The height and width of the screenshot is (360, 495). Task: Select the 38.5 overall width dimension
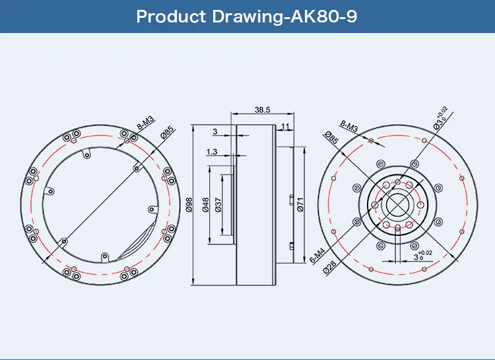tap(263, 110)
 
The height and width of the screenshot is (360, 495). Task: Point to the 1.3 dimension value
tap(212, 152)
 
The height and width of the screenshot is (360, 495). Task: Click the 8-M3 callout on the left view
tap(145, 123)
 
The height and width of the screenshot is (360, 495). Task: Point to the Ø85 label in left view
tap(166, 132)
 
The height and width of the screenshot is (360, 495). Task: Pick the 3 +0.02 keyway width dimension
tap(422, 255)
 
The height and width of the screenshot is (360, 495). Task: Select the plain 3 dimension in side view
tap(214, 131)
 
